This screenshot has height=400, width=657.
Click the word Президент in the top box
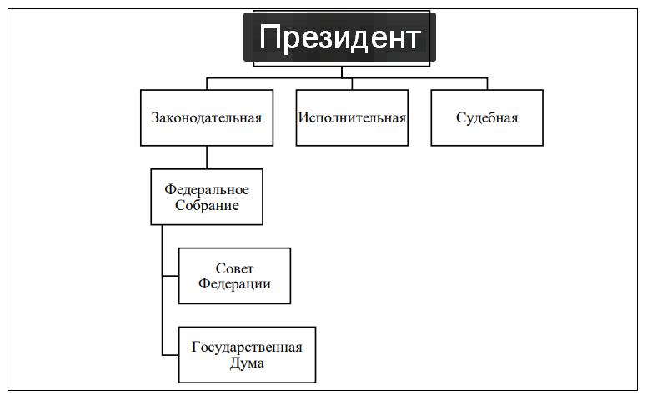(340, 37)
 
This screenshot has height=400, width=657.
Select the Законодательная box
(207, 117)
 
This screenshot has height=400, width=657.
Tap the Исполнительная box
(352, 117)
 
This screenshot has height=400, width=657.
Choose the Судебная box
(487, 117)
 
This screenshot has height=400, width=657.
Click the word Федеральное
(207, 189)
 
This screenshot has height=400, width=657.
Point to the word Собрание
(207, 205)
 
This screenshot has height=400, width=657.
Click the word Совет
(234, 268)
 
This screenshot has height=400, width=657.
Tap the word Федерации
(234, 283)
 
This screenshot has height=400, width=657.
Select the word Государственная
(247, 347)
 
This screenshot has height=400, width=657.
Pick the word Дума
(247, 362)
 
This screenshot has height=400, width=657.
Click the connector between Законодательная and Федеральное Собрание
(207, 157)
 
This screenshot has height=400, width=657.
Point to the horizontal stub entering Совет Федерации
(171, 276)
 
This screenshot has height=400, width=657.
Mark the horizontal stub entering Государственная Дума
(171, 355)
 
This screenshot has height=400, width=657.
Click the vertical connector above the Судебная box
(487, 84)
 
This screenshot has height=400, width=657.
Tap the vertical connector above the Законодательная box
(207, 84)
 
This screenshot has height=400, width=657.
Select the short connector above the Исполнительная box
(352, 84)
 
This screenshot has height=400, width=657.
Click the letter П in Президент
(269, 37)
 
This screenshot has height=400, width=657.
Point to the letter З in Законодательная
(154, 118)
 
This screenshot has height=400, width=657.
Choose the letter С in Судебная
(460, 118)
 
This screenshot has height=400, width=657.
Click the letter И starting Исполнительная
(303, 118)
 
